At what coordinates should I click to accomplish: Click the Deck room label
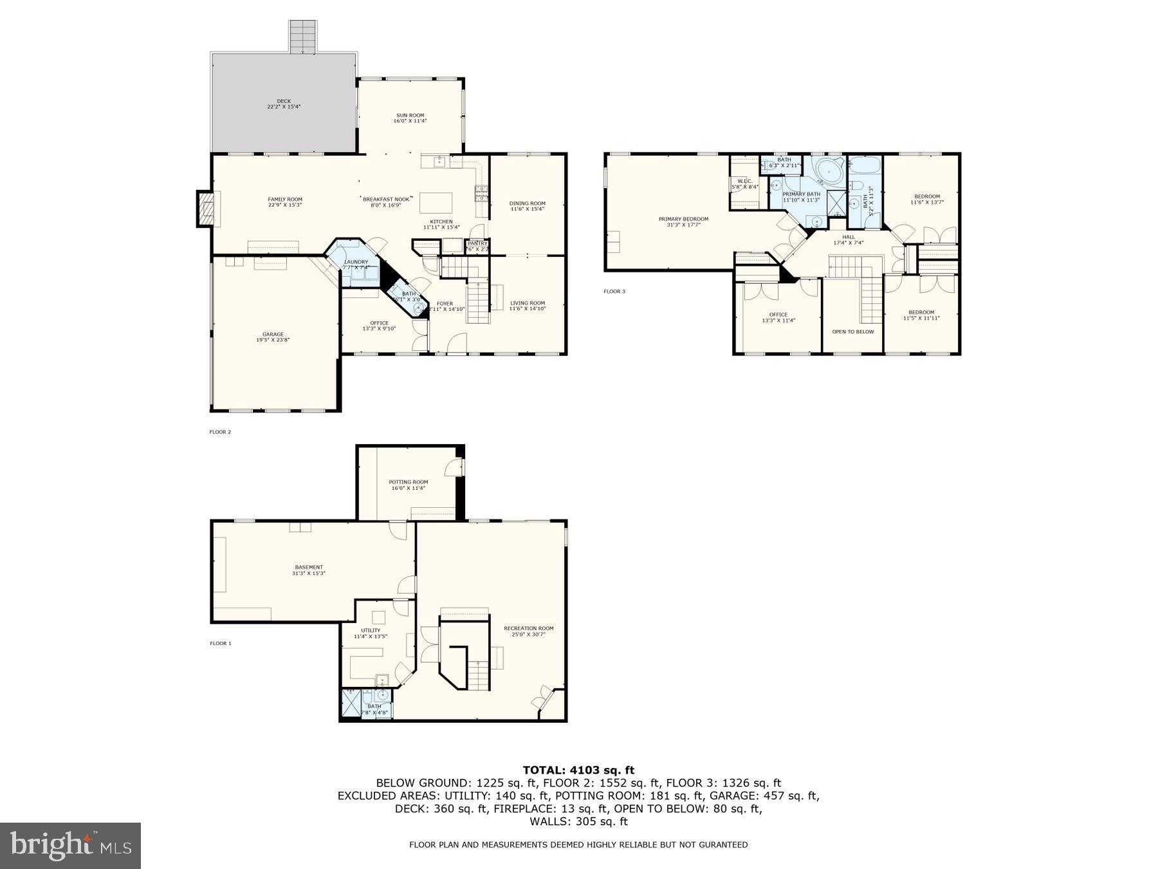[x=284, y=104]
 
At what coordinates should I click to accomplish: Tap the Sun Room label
[x=410, y=118]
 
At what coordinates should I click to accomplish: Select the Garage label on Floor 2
[x=273, y=337]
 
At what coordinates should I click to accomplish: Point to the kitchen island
[x=436, y=203]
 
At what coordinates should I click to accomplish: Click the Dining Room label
[x=528, y=206]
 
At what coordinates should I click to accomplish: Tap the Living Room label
[x=528, y=306]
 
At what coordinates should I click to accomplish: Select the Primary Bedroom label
[x=683, y=221]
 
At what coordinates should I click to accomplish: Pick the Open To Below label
[x=853, y=332]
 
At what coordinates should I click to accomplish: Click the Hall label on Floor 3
[x=849, y=239]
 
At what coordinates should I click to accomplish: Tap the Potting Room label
[x=408, y=485]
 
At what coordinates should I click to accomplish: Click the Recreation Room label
[x=528, y=631]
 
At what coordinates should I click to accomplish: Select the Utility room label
[x=371, y=633]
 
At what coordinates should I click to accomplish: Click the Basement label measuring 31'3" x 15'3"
[x=309, y=570]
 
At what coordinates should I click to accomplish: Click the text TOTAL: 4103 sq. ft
[x=578, y=770]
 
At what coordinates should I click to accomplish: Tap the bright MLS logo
[x=70, y=845]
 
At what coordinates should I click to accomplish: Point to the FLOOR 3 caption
[x=614, y=292]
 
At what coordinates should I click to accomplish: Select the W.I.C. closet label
[x=745, y=183]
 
